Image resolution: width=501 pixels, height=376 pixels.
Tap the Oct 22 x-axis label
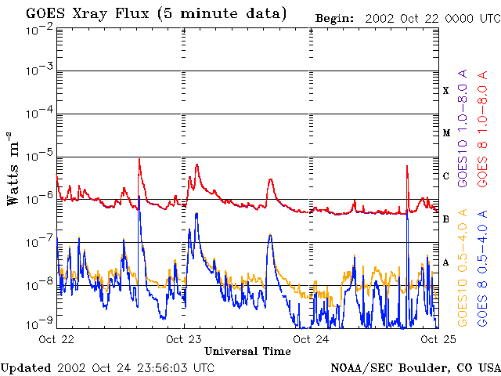coord(56,339)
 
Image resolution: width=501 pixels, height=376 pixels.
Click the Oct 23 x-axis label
coord(184,339)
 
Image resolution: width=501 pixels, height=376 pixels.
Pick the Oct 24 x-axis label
coord(312,339)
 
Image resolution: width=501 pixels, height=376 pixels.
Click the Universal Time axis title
coord(247,351)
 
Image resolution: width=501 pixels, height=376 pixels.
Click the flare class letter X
coord(446,91)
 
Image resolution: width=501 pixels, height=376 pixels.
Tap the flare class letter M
coord(446,133)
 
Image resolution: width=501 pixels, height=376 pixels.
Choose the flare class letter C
coord(446,176)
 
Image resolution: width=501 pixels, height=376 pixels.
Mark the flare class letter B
coord(446,219)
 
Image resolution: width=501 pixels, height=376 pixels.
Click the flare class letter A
coord(446,262)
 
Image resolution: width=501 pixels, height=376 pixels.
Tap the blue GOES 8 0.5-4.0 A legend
coord(483,268)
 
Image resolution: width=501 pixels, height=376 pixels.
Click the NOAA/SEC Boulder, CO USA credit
coord(415,367)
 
